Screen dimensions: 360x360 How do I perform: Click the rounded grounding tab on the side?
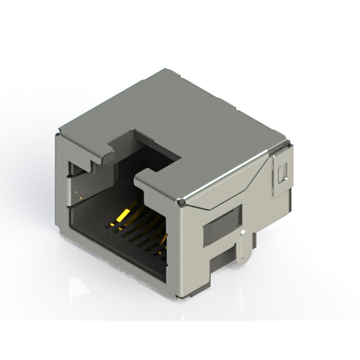243,247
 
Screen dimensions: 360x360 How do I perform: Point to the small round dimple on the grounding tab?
243,231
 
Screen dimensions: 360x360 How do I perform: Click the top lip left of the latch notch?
84,147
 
